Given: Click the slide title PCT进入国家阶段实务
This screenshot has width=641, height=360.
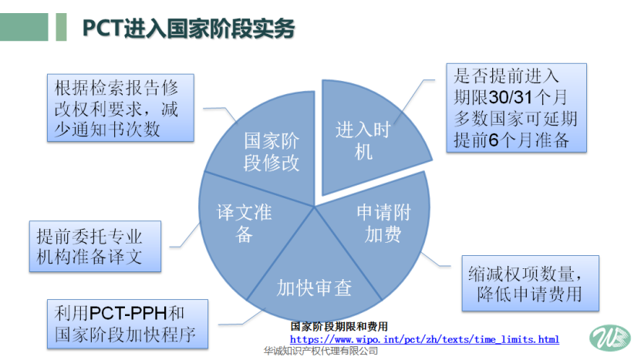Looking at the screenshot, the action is [x=188, y=29].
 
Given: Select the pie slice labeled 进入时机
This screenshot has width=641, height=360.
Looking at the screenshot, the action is [x=368, y=135].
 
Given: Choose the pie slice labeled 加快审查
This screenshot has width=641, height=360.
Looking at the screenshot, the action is [x=315, y=282].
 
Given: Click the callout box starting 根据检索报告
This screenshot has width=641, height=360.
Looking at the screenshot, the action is [x=120, y=108].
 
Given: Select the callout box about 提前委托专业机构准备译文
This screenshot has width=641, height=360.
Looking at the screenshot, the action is [x=95, y=247].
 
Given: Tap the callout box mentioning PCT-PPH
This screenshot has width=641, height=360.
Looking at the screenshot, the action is [x=127, y=324].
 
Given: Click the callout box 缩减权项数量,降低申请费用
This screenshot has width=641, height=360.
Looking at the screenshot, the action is [x=530, y=283].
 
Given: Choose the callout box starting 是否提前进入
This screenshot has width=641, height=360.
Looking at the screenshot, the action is [x=516, y=108].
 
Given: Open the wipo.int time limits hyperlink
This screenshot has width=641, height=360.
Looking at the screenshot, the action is [x=424, y=339].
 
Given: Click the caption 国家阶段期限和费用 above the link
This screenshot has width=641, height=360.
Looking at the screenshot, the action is [x=339, y=327].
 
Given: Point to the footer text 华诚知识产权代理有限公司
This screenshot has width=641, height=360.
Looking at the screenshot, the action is [x=321, y=351].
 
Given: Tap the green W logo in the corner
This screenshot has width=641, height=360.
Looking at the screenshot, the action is [x=610, y=338].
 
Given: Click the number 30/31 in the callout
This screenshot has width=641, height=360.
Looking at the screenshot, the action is [x=511, y=97].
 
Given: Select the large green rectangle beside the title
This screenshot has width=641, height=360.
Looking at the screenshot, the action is [x=24, y=27].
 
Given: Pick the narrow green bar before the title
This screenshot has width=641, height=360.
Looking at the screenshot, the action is [x=61, y=27].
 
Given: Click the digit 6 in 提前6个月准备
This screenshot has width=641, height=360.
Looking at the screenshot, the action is [x=494, y=140].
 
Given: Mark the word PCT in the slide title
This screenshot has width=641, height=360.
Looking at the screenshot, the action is [x=103, y=29].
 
